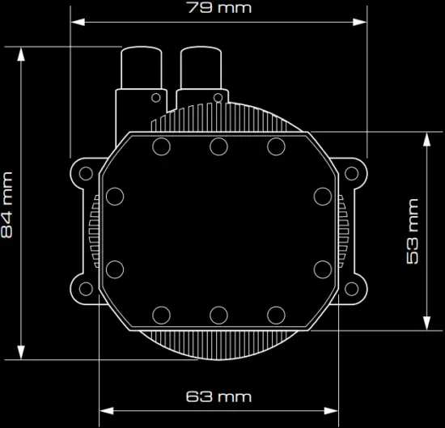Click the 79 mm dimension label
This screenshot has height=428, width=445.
click(x=218, y=8)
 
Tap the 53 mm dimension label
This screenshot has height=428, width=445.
click(x=413, y=231)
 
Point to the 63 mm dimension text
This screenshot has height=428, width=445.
click(x=218, y=396)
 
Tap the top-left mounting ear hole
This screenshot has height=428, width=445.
click(x=83, y=172)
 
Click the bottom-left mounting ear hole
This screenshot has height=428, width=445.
click(x=83, y=286)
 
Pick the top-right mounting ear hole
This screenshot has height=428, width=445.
click(x=353, y=172)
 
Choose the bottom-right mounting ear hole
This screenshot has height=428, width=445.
click(x=353, y=286)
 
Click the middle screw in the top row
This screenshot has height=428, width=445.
click(x=218, y=146)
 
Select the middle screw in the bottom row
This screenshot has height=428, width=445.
click(x=218, y=314)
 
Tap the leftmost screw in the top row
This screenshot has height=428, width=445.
click(x=160, y=146)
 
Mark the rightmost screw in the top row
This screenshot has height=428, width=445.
click(x=276, y=146)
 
